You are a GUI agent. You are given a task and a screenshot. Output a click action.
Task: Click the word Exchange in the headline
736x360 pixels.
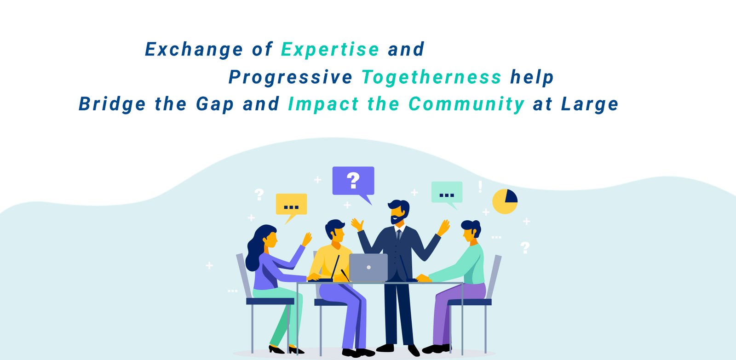pyautogui.click(x=194, y=50)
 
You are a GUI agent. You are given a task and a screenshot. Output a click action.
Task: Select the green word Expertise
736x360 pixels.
pyautogui.click(x=330, y=50)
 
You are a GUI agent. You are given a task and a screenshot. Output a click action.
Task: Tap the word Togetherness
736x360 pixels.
pyautogui.click(x=431, y=77)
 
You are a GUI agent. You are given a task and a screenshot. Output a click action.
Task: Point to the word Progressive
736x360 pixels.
pyautogui.click(x=290, y=77)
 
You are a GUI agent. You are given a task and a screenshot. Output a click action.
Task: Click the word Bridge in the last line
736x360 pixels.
pyautogui.click(x=112, y=104)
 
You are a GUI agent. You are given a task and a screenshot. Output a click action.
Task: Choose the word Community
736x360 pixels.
pyautogui.click(x=466, y=104)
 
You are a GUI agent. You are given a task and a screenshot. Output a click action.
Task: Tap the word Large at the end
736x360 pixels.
pyautogui.click(x=590, y=104)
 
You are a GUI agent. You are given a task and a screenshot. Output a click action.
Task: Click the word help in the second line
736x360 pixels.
pyautogui.click(x=532, y=77)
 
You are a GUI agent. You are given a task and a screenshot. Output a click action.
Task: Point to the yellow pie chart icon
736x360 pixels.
pyautogui.click(x=505, y=201)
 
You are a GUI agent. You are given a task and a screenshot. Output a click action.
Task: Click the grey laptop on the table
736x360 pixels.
pyautogui.click(x=368, y=268)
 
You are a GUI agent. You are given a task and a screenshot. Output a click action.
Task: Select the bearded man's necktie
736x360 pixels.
pyautogui.click(x=399, y=234)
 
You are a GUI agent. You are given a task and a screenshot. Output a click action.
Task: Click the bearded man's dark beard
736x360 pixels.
pyautogui.click(x=398, y=217)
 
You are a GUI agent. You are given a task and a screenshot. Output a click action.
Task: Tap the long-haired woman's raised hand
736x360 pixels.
pyautogui.click(x=307, y=239)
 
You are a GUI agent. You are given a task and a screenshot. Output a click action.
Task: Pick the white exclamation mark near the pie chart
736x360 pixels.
pyautogui.click(x=480, y=187)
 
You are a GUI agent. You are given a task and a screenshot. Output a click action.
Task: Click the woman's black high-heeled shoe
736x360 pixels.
pyautogui.click(x=276, y=349)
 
